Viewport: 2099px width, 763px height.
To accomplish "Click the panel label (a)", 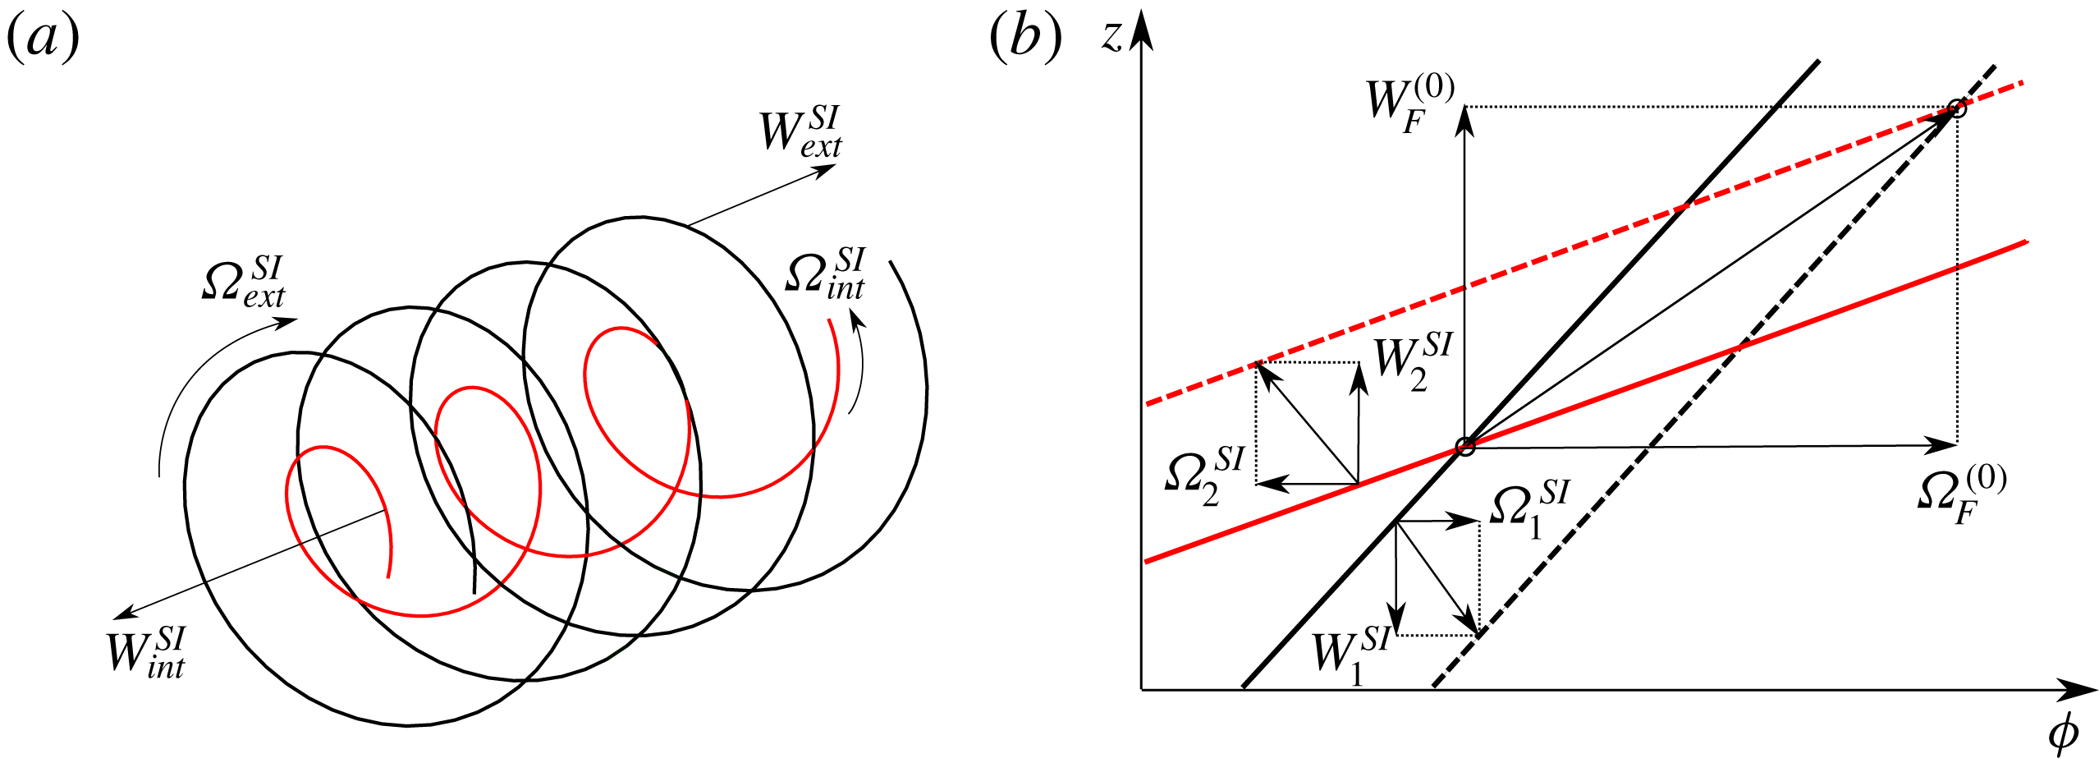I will tap(43, 39).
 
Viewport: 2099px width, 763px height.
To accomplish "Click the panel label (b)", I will tap(1025, 39).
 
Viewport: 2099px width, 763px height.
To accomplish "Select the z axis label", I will tap(1111, 37).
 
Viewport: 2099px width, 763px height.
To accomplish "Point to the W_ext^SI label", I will tap(800, 131).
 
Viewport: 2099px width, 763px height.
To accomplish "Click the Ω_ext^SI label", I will tap(243, 282).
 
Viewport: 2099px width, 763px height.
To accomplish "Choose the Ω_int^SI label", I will tap(825, 273).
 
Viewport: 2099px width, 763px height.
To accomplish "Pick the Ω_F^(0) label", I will tap(1962, 494).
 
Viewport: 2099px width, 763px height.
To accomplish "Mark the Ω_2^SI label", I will tap(1205, 477).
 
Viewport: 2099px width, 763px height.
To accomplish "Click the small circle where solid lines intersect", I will tap(1465, 447).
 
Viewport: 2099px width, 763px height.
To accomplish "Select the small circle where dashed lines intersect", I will tap(1957, 108).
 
